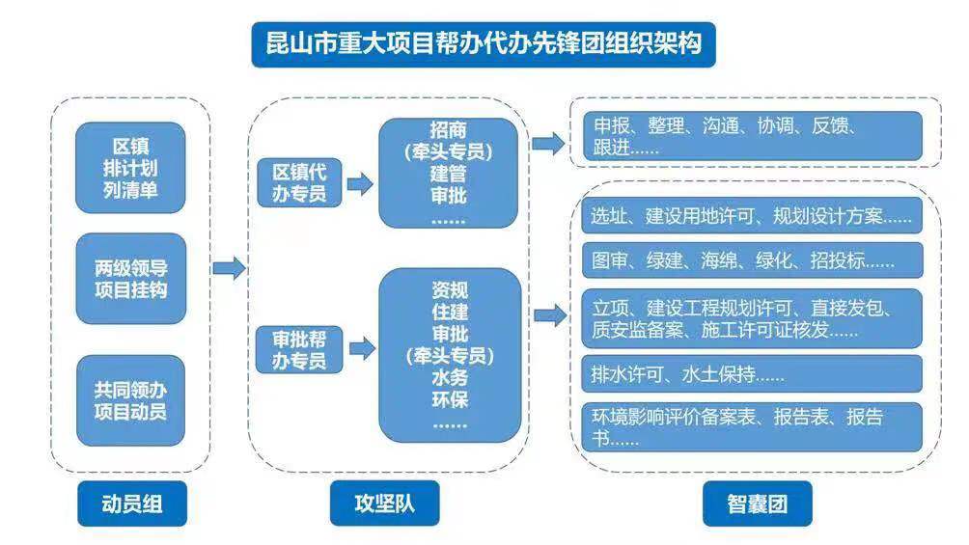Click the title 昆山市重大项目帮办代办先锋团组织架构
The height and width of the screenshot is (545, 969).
point(484,44)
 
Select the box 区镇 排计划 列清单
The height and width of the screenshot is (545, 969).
point(130,168)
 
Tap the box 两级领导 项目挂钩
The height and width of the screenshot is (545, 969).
point(130,278)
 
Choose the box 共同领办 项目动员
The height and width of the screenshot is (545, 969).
point(130,400)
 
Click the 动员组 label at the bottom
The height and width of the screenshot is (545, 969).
point(130,504)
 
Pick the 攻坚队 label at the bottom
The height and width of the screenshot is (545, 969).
point(384,504)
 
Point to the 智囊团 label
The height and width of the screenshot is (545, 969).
point(757,504)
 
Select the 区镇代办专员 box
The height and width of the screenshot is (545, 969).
point(298,183)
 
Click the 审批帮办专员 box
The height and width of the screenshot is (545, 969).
point(298,349)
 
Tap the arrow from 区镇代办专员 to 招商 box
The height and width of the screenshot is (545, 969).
point(359,183)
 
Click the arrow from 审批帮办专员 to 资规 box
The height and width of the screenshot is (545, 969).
point(360,348)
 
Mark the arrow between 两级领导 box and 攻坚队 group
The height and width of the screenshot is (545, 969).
point(229,268)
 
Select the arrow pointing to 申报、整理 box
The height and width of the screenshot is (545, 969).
point(548,144)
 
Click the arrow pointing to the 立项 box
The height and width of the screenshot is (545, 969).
point(548,314)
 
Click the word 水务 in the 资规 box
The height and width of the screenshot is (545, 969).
point(449,378)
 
